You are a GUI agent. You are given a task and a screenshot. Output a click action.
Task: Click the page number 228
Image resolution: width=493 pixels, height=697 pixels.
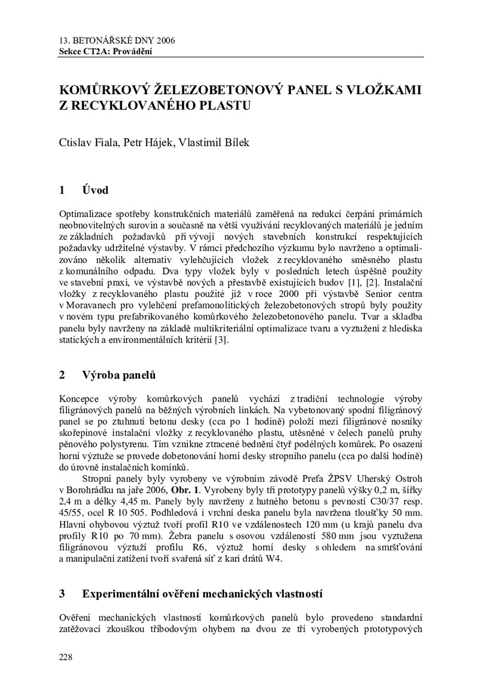coord(65,657)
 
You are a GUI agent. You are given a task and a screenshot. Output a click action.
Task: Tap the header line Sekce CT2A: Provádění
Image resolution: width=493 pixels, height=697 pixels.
coord(105,52)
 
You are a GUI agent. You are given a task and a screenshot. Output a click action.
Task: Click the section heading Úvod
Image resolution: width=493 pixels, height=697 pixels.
coord(95,190)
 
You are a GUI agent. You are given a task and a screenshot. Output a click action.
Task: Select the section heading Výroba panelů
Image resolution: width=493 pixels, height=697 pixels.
coord(119,375)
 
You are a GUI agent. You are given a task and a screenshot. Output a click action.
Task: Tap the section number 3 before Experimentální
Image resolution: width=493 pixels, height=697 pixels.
coord(62,594)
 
